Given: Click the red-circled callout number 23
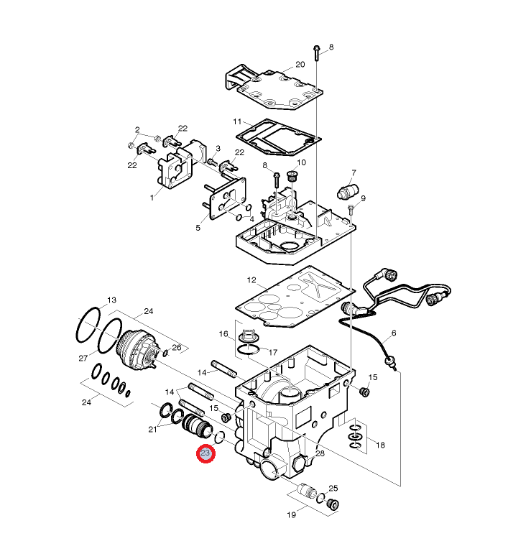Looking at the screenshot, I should [x=205, y=454].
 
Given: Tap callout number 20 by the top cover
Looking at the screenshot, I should [x=300, y=65].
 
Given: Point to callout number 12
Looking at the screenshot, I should [x=251, y=279].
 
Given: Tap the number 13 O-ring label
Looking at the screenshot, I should [x=111, y=300].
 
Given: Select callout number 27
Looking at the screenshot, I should [x=83, y=358].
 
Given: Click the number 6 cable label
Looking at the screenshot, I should [x=393, y=334].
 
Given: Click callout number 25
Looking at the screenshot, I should [x=333, y=489].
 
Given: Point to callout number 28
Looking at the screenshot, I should [x=320, y=453].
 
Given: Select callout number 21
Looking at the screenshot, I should [x=152, y=430].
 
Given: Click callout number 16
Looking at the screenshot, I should [x=223, y=334].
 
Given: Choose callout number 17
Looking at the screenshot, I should [x=272, y=352].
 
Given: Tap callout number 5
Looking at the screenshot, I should [x=198, y=228].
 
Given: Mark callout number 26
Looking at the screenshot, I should [x=176, y=348].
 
